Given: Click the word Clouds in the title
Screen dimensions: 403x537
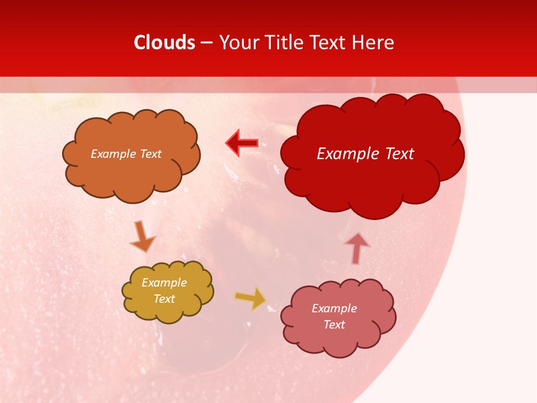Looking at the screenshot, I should (164, 43).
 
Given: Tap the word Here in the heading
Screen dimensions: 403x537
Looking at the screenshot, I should (374, 43).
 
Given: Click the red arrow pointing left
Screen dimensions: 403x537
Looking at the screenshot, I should (242, 143).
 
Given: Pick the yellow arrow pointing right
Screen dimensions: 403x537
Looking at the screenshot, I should (251, 298).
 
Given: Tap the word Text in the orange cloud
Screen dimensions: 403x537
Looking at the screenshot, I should (150, 154).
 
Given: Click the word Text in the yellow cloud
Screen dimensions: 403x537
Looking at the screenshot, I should (164, 299).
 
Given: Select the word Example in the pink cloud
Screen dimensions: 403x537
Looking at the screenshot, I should (334, 308).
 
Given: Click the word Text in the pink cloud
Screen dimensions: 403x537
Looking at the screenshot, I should (334, 325).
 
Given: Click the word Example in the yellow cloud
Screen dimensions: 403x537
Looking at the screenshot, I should (164, 283).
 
